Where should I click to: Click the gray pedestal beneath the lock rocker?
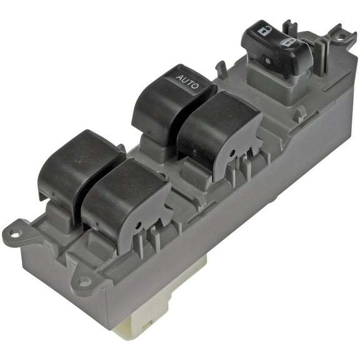[269, 77]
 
